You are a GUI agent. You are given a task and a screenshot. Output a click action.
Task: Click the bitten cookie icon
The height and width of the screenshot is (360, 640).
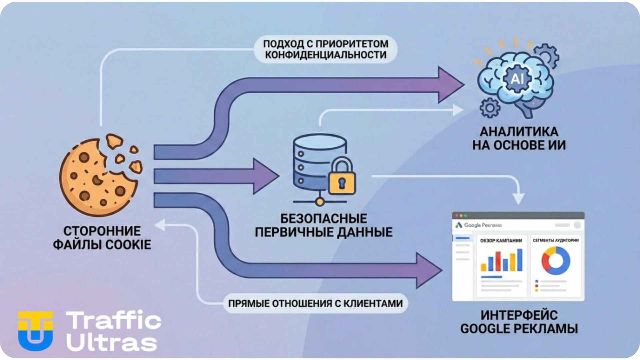pos(98,177)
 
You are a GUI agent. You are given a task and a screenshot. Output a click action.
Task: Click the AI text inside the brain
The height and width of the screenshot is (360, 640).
pos(517,79)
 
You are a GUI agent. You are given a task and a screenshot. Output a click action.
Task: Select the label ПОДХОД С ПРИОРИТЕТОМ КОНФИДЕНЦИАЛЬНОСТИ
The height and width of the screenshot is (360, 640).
pos(326,49)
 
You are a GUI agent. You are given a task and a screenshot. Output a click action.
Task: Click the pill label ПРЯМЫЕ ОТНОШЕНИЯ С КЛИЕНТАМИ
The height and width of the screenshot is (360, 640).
pos(315,304)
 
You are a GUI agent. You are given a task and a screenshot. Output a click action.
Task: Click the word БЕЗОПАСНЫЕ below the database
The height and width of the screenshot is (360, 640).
pos(323,219)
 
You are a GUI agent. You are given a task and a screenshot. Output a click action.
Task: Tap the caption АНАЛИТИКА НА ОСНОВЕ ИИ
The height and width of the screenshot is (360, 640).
pos(519,138)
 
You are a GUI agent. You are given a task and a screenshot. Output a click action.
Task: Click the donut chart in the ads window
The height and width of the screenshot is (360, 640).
pos(555,261)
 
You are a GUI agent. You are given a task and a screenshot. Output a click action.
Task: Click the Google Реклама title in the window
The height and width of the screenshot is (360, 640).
pos(483,225)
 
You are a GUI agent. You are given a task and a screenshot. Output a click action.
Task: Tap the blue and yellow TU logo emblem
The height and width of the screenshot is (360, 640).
pos(35,331)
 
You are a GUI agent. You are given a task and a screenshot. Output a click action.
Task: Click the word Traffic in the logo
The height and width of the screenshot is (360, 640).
pos(114,320)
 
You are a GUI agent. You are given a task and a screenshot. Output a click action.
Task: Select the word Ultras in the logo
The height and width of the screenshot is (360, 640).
pos(112,342)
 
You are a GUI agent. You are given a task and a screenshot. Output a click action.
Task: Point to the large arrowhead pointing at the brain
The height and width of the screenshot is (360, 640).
pos(450,85)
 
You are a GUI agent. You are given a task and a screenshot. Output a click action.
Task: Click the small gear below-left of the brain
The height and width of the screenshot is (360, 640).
pos(489,108)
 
